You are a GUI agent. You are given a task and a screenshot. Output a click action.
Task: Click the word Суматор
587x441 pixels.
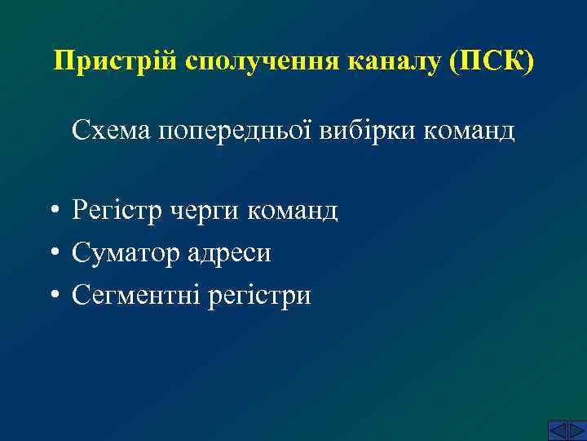(124, 254)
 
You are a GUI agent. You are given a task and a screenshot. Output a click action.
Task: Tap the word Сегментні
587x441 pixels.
(136, 296)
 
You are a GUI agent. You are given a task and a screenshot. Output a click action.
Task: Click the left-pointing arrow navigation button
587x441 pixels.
(556, 430)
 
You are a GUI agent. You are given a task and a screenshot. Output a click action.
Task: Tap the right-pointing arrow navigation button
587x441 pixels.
(576, 430)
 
